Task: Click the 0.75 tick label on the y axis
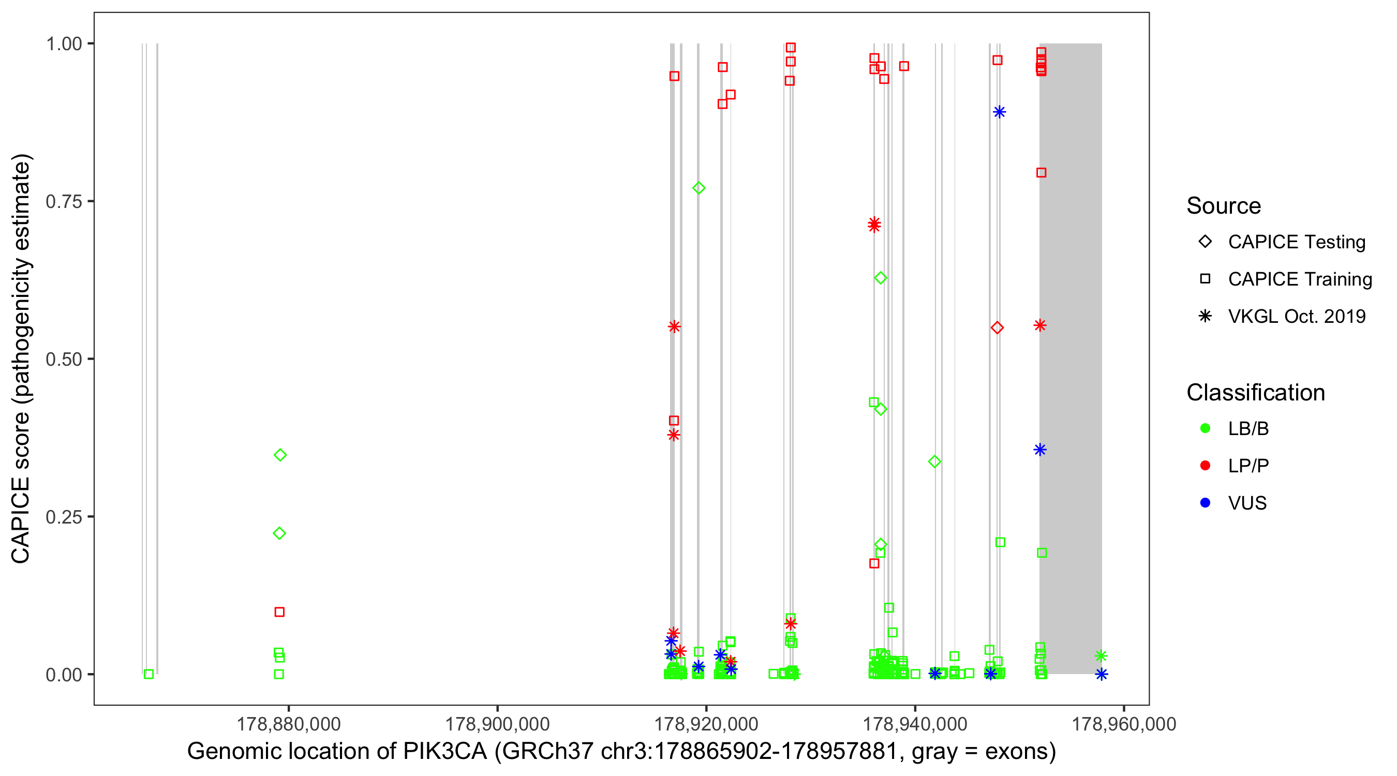click(63, 201)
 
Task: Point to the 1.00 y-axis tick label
click(63, 43)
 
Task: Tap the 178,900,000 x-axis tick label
click(497, 724)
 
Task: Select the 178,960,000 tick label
click(1124, 724)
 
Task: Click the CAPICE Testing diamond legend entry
click(1205, 242)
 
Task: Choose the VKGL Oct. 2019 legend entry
click(1205, 316)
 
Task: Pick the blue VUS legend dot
click(1205, 503)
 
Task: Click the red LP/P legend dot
click(1205, 466)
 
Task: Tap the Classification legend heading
click(1255, 393)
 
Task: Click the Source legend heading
click(1224, 206)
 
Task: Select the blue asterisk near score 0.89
click(999, 112)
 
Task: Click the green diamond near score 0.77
click(698, 188)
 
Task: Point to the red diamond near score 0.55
click(997, 327)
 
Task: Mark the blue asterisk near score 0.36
click(1039, 450)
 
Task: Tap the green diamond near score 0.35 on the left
click(280, 455)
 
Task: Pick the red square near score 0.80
click(1041, 172)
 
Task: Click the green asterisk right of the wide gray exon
click(1101, 656)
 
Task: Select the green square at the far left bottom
click(148, 674)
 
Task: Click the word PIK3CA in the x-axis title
click(444, 752)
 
